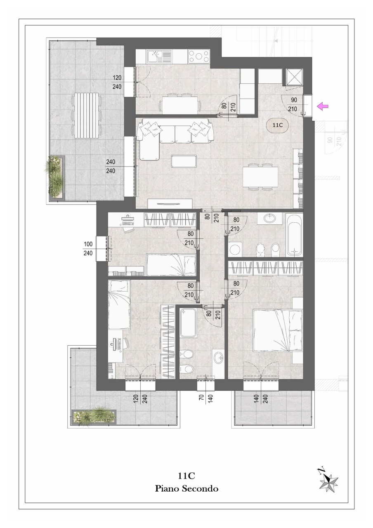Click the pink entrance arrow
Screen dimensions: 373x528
[x=323, y=106]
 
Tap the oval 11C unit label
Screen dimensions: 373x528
[x=278, y=125]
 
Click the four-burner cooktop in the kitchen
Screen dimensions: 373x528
[x=198, y=57]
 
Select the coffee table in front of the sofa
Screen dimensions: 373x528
[x=184, y=161]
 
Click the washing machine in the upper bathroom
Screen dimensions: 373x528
[x=235, y=249]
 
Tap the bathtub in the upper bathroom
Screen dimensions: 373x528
[x=294, y=235]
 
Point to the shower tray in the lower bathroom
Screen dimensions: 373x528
[x=188, y=323]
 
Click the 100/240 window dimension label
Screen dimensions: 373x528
[x=88, y=249]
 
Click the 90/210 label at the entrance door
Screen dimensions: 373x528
[x=294, y=104]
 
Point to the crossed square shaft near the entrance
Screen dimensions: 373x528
[x=294, y=77]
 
